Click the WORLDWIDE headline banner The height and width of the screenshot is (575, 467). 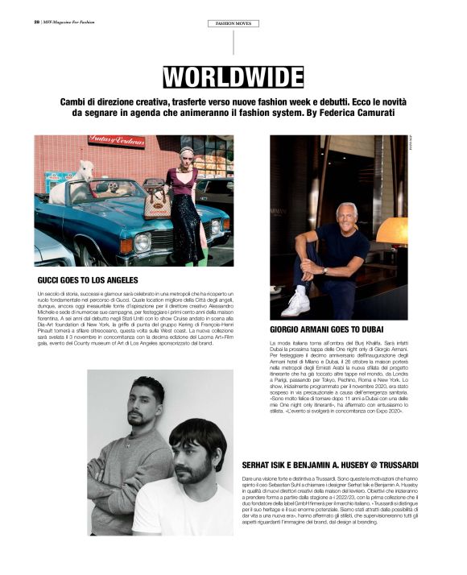click(233, 77)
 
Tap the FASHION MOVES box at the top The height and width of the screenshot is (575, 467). click(233, 23)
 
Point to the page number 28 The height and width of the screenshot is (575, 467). click(37, 23)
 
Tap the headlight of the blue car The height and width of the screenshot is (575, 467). click(143, 241)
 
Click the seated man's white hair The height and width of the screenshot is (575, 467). click(346, 208)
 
